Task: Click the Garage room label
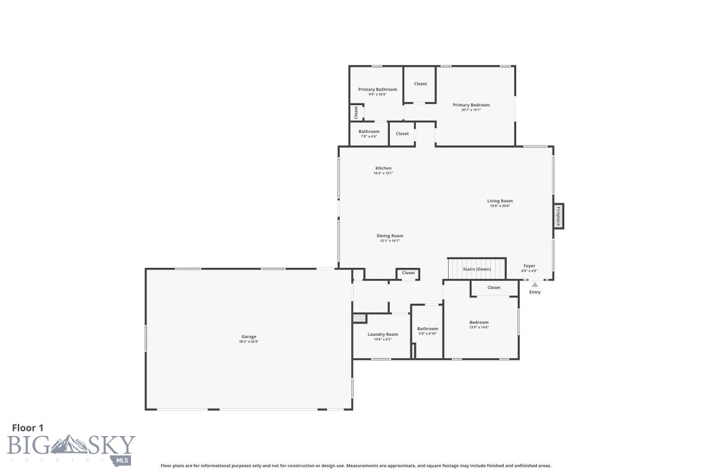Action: [248, 336]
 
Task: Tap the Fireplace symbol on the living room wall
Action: [557, 216]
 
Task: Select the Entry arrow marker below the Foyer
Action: [535, 285]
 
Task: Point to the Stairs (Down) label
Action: [477, 269]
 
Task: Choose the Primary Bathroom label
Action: [378, 90]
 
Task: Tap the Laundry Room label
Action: [383, 335]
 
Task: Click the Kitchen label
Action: [383, 168]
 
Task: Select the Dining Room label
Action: [390, 236]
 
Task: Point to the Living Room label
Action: [500, 201]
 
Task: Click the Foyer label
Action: [529, 266]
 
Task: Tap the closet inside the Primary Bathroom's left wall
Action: [356, 113]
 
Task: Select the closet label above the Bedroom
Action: [494, 288]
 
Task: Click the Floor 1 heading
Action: [28, 427]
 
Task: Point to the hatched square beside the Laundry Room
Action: [359, 318]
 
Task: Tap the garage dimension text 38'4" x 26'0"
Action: [248, 341]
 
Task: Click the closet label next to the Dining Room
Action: [408, 273]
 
